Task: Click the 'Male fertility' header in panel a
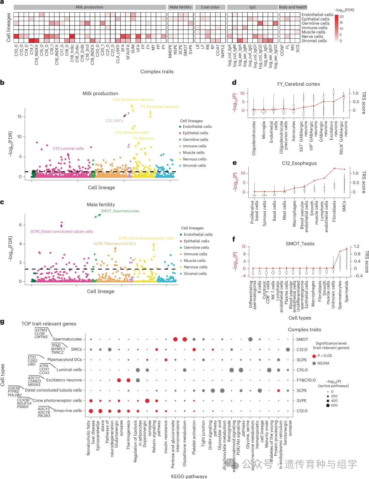[x=180, y=7]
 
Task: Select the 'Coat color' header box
[x=210, y=7]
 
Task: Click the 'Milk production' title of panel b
[x=100, y=94]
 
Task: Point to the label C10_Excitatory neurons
[x=133, y=100]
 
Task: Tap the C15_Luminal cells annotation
[x=68, y=149]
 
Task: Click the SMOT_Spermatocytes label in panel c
[x=120, y=211]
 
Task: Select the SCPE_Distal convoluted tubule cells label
[x=61, y=231]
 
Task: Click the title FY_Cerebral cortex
[x=299, y=84]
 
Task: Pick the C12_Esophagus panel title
[x=299, y=163]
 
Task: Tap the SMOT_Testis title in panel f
[x=300, y=244]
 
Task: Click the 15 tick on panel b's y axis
[x=19, y=117]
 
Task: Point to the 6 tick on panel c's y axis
[x=20, y=225]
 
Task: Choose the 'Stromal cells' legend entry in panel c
[x=195, y=274]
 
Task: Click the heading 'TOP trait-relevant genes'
[x=49, y=324]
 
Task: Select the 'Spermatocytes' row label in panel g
[x=67, y=339]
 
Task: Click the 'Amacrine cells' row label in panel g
[x=68, y=411]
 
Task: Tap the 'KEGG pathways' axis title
[x=189, y=476]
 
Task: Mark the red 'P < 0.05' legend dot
[x=314, y=356]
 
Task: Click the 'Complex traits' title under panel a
[x=157, y=72]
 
